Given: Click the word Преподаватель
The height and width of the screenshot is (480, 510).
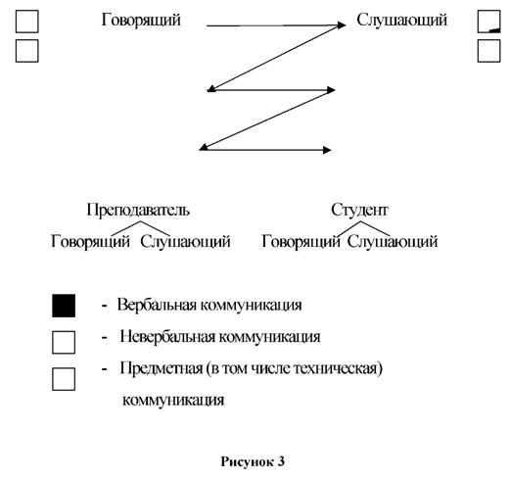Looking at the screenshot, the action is click(x=138, y=210).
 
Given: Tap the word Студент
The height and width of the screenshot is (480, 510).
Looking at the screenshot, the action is click(x=359, y=210).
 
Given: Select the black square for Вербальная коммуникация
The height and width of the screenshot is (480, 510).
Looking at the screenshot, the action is click(x=64, y=306).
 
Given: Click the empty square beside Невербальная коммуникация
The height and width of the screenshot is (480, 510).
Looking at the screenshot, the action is click(x=64, y=342).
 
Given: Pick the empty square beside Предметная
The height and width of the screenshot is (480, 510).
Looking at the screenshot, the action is click(x=64, y=379).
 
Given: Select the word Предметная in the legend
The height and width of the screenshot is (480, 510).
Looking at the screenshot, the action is click(x=162, y=368).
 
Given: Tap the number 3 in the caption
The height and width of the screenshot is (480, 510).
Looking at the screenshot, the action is click(x=281, y=461).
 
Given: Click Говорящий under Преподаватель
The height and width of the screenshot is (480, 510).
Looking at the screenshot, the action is click(x=90, y=242).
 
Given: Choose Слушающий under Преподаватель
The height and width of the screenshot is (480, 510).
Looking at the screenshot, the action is click(x=185, y=242).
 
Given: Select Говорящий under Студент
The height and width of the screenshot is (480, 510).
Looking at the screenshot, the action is click(x=301, y=242).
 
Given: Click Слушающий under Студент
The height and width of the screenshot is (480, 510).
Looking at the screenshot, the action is click(x=392, y=242).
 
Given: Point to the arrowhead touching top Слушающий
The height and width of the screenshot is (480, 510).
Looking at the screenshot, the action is click(x=342, y=25).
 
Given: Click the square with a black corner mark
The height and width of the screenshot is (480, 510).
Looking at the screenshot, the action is click(x=488, y=22).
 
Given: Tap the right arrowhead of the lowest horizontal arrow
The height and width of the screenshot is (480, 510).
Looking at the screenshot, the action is click(x=327, y=150).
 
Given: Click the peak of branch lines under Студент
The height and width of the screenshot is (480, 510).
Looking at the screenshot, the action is click(x=360, y=221).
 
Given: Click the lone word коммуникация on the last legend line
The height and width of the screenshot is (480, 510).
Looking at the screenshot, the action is click(x=173, y=400).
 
